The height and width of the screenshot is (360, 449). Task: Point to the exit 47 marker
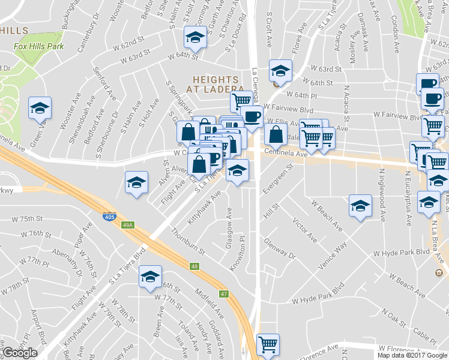223,293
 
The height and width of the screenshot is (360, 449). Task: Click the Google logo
20,353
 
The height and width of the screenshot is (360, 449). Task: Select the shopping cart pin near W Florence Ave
268,344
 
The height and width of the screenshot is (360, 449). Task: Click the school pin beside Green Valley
40,108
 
